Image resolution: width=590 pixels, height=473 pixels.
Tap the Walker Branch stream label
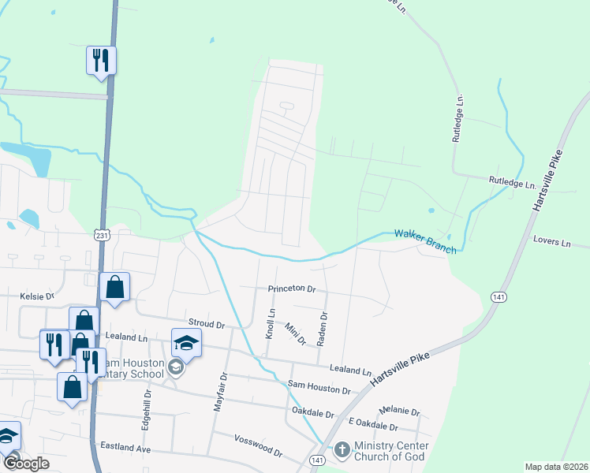tap(426, 241)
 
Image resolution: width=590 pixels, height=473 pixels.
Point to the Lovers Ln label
tap(551, 241)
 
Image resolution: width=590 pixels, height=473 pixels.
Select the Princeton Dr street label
tap(291, 289)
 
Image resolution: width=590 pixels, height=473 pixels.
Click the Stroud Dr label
tap(207, 324)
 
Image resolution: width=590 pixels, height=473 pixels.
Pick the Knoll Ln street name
tap(271, 322)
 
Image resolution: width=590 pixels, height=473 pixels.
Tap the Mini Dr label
tap(295, 334)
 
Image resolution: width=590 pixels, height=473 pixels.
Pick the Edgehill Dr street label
tap(147, 409)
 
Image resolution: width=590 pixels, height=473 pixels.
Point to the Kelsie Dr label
tap(36, 296)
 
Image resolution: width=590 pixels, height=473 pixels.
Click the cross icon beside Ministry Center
tap(342, 450)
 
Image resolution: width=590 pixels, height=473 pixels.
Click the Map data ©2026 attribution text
tap(556, 467)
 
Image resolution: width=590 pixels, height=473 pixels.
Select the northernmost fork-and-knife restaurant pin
tap(101, 60)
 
